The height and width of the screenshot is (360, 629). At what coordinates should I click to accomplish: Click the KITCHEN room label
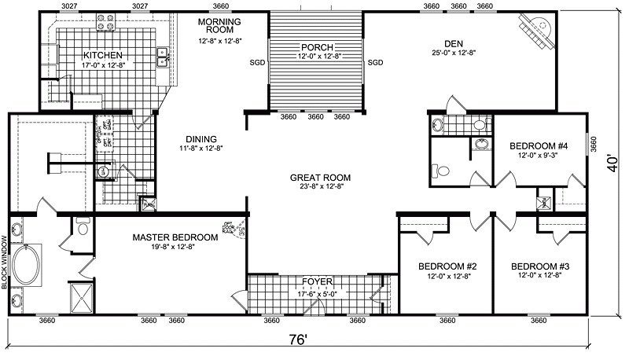[102, 55]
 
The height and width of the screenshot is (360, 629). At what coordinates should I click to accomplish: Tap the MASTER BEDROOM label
[175, 237]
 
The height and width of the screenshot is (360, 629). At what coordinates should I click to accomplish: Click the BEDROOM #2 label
[445, 266]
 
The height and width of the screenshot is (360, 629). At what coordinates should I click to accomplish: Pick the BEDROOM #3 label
[539, 266]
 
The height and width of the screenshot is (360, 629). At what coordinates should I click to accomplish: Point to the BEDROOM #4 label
[539, 145]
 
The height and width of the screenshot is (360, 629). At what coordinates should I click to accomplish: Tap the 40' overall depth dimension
[612, 164]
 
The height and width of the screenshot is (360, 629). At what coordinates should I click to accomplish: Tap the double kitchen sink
[164, 55]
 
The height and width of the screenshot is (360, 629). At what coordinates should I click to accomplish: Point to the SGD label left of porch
[257, 63]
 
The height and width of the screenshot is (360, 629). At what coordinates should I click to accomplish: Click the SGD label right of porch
[375, 63]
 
